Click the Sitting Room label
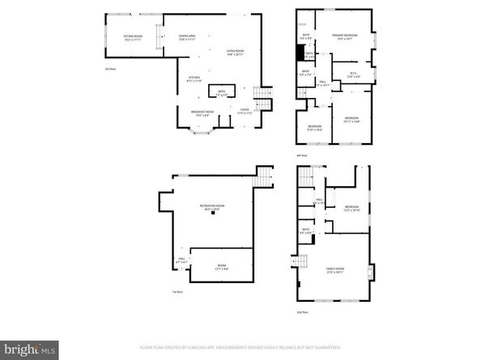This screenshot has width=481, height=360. [133, 38]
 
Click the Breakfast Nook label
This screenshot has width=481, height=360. [202, 113]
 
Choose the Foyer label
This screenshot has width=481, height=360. [244, 112]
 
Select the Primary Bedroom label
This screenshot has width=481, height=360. [344, 37]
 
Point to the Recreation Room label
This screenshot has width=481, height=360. [213, 208]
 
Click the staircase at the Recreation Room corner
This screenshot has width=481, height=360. [265, 176]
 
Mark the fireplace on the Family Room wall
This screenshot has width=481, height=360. [371, 271]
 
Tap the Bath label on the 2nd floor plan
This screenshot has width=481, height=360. [306, 231]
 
